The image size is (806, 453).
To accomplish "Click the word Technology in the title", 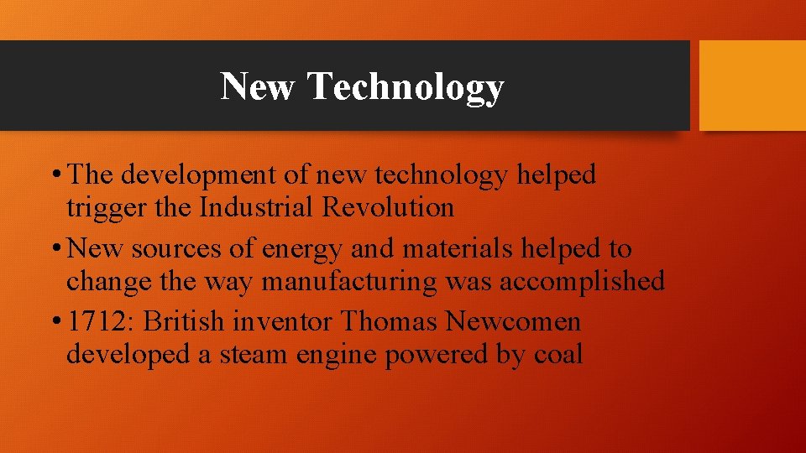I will point(406,87).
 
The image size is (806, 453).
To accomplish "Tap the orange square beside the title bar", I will point(752,86).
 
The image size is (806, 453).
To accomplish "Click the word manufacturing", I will point(349,281).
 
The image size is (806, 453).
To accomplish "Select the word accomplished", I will point(582,281).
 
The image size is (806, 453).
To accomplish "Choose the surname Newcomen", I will point(513,322).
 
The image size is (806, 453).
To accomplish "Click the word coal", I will point(558,354).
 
